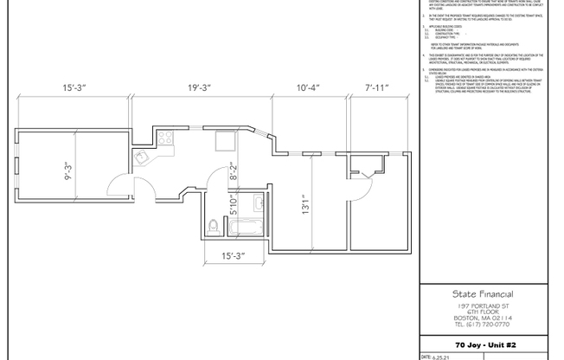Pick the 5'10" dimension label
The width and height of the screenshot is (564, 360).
pos(234,205)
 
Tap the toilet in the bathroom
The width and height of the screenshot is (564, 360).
pos(214,228)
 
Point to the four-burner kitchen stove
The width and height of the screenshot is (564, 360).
pos(164,137)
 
